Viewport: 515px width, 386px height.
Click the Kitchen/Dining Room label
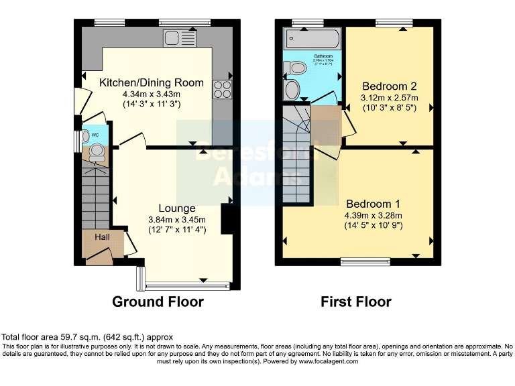click(x=151, y=82)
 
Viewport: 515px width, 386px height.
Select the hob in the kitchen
click(x=222, y=89)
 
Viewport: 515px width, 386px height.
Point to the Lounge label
click(x=177, y=208)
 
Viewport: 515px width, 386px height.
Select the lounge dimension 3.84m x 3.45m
click(x=177, y=219)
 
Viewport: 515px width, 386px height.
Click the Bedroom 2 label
click(x=389, y=86)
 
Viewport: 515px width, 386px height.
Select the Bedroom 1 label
click(x=374, y=204)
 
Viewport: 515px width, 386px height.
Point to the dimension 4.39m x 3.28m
click(x=374, y=215)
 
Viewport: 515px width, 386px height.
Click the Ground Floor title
click(x=158, y=302)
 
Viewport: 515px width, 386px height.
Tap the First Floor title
click(x=356, y=302)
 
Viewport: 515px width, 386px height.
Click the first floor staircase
click(x=297, y=161)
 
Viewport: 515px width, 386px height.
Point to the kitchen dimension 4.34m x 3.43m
click(x=151, y=94)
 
